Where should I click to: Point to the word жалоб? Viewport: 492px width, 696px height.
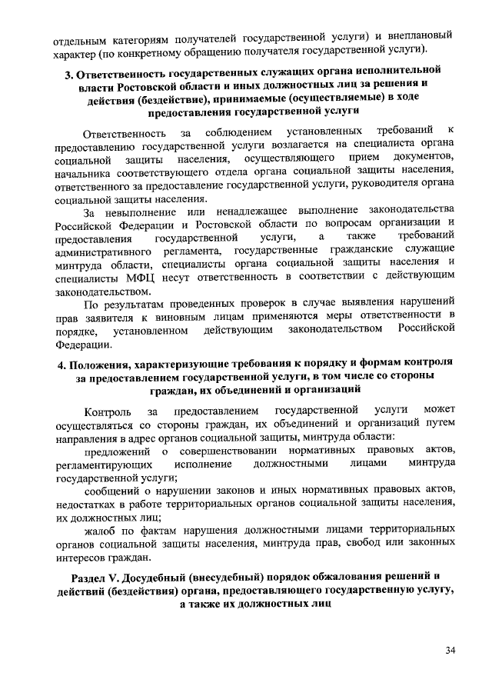(100, 531)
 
